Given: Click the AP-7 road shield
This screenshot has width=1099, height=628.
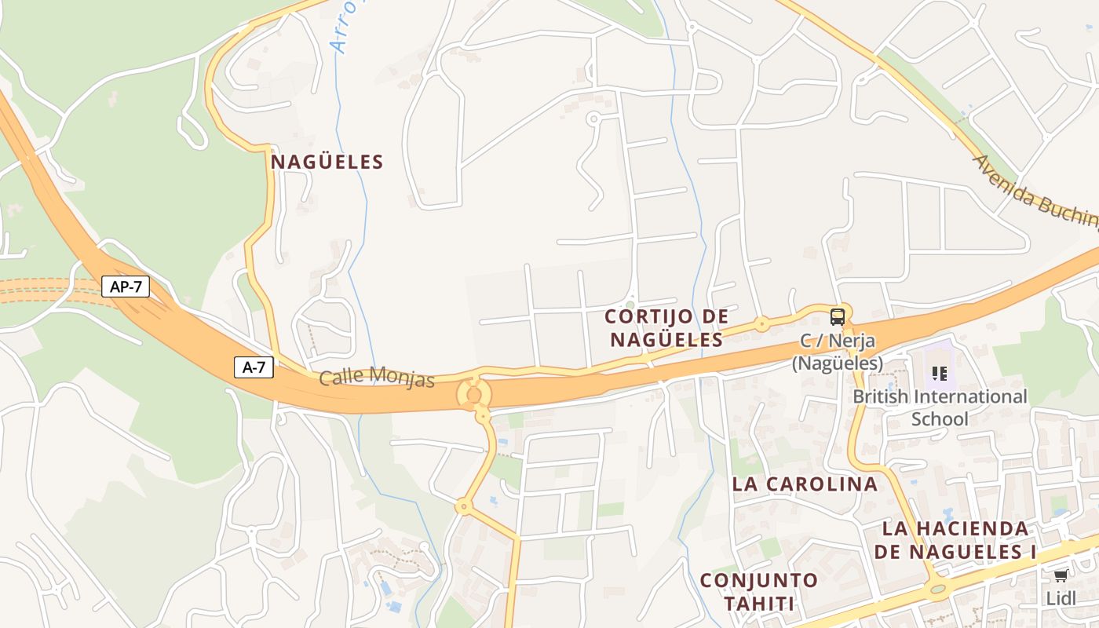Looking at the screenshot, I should [x=126, y=287].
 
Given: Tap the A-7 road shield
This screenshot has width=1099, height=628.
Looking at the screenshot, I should [x=254, y=367].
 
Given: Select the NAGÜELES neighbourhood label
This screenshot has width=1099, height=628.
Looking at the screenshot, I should [x=327, y=162].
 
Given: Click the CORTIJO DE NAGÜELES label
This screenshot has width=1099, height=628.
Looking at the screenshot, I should [x=666, y=328].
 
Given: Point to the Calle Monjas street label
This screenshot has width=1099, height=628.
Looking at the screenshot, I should [x=377, y=377].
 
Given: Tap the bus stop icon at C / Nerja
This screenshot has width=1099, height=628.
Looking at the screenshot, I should [x=838, y=317].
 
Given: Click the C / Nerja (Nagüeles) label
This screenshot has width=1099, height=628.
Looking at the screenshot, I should [x=837, y=352].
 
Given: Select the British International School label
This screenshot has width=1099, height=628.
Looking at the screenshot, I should [x=940, y=407].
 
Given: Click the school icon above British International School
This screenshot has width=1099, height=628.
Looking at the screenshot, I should [x=939, y=374].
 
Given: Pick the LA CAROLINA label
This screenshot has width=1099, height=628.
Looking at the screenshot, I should [x=805, y=484].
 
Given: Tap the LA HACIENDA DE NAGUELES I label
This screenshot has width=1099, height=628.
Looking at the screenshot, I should [x=955, y=540].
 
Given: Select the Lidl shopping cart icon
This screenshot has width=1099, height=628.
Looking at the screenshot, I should [x=1061, y=576].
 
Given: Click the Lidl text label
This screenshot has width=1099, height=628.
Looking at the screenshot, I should [x=1061, y=598].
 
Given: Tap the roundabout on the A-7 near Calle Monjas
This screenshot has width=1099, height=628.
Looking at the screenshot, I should [x=473, y=394].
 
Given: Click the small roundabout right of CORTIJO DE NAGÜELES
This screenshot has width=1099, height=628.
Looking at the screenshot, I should [x=761, y=323].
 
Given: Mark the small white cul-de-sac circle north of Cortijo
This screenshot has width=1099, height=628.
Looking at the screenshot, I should [x=593, y=119].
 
